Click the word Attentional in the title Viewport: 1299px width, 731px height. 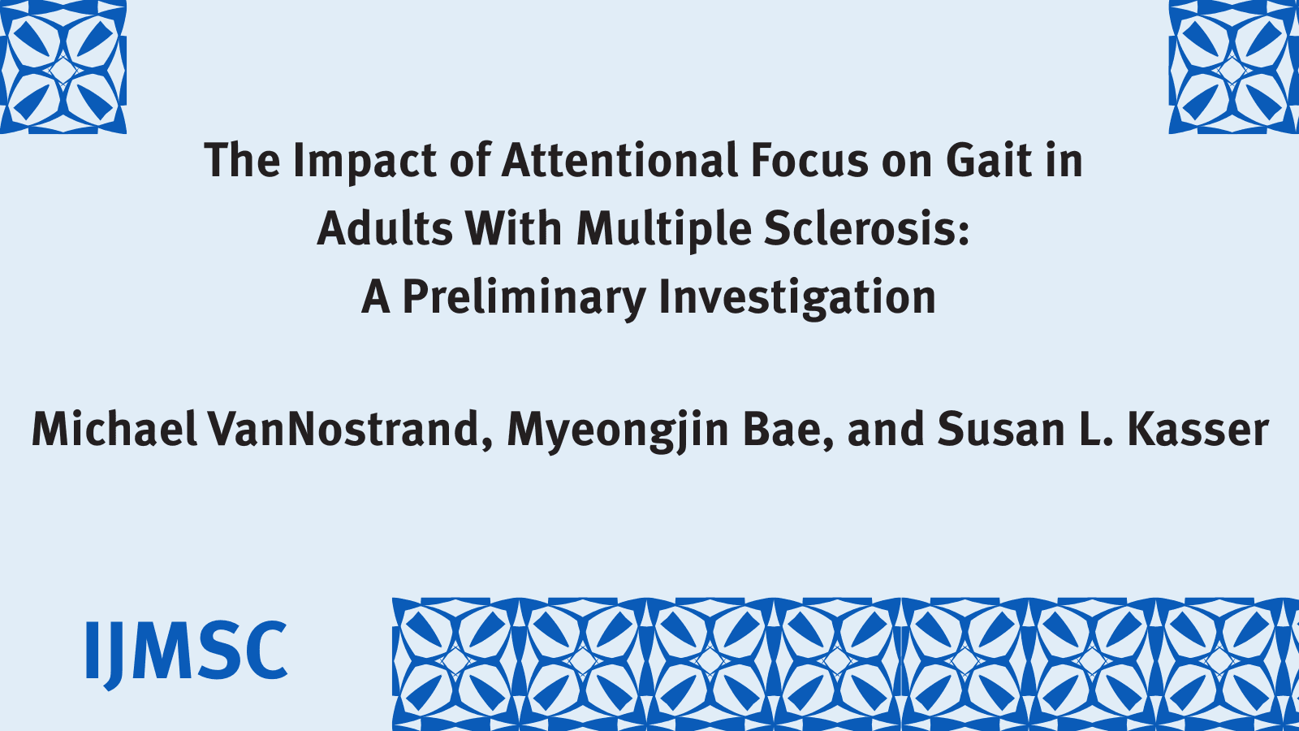pos(619,160)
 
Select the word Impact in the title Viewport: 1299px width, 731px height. pos(365,162)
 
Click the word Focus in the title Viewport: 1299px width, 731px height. pos(809,160)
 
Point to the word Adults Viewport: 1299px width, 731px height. pos(385,228)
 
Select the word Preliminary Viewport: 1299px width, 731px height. pos(524,297)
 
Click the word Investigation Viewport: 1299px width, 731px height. pos(796,297)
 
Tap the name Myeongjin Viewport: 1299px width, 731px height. pos(618,430)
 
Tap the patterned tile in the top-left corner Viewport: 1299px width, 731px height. pos(63,67)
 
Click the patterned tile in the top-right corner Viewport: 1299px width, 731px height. pos(1233,67)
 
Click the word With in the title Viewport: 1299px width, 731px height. pos(513,228)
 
